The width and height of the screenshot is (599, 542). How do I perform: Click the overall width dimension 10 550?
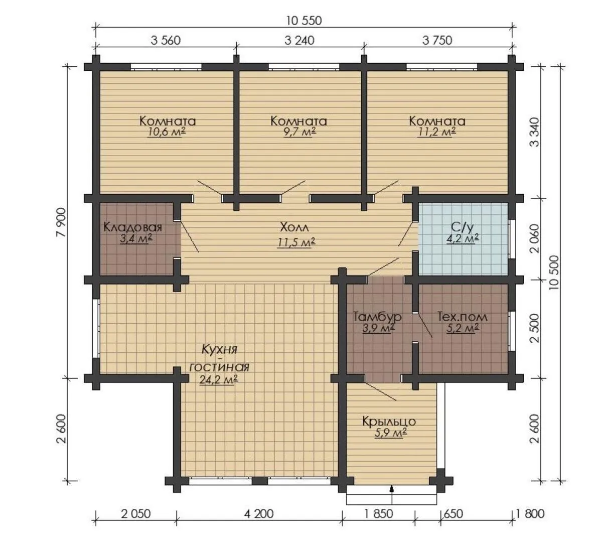coord(304,20)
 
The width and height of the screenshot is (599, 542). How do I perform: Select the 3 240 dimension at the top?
coord(299,40)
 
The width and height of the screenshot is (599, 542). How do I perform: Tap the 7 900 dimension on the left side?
coord(61,222)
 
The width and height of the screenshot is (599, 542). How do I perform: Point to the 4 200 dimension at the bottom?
coord(259,513)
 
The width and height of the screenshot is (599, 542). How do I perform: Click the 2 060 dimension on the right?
coord(535,238)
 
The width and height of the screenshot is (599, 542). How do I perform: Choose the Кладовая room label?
coord(133,227)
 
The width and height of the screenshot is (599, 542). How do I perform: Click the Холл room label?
coord(294,227)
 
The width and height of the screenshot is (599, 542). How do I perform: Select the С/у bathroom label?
coord(462,227)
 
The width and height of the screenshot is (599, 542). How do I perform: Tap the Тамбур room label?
coord(377,317)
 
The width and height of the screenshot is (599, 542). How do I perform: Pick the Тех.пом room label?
coord(462,317)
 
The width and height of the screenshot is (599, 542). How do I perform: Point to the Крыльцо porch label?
coord(389,421)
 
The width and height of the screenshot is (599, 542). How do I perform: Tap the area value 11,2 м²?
coord(437,132)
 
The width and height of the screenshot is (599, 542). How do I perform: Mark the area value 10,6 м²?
coord(166,132)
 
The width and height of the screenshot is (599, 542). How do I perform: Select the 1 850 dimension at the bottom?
coord(378,513)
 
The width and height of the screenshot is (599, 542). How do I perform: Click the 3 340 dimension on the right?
coord(535,132)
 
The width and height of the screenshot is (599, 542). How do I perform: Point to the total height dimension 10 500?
coord(555,273)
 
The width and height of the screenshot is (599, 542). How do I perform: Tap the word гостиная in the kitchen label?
coord(220,367)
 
